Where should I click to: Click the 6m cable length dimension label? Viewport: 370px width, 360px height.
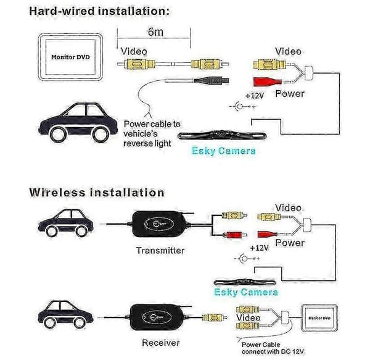click(x=155, y=32)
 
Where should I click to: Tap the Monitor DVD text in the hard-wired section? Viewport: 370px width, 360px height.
click(x=70, y=57)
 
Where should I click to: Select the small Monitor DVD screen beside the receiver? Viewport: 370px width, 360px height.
click(x=319, y=318)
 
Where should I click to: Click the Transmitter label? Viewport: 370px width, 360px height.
click(x=160, y=250)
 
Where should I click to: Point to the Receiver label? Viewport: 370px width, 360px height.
click(x=161, y=343)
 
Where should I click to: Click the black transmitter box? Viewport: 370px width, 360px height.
click(x=160, y=224)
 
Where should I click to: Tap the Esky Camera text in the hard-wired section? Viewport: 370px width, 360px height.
click(x=223, y=151)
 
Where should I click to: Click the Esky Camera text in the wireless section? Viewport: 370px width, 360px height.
click(x=246, y=292)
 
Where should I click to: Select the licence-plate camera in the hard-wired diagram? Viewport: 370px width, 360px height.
click(x=222, y=135)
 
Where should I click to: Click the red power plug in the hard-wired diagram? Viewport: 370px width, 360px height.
click(x=267, y=82)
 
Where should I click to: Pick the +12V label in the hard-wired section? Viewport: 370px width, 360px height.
click(x=254, y=96)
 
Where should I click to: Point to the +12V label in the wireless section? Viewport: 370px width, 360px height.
click(x=259, y=248)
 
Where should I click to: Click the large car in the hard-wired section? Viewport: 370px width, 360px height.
click(x=78, y=123)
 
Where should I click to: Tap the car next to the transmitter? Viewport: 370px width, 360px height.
click(x=66, y=223)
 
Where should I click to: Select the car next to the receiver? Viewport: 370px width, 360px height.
click(x=66, y=315)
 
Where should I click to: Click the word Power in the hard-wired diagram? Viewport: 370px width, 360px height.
click(x=290, y=94)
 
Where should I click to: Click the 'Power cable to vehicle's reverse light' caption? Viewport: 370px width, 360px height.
click(x=152, y=134)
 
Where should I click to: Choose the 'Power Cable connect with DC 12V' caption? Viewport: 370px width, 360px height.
click(x=273, y=348)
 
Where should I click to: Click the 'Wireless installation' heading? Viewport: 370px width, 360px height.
click(x=97, y=193)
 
